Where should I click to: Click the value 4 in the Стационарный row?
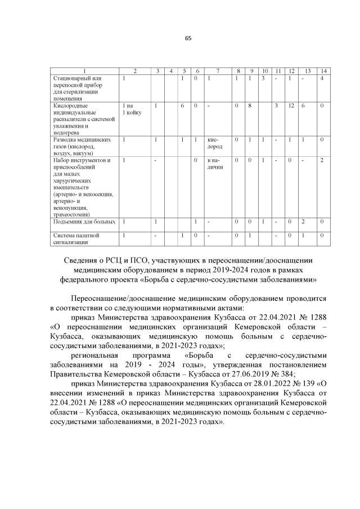pos(322,78)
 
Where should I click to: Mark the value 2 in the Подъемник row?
pos(303,222)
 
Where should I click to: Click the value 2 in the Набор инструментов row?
pos(322,160)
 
